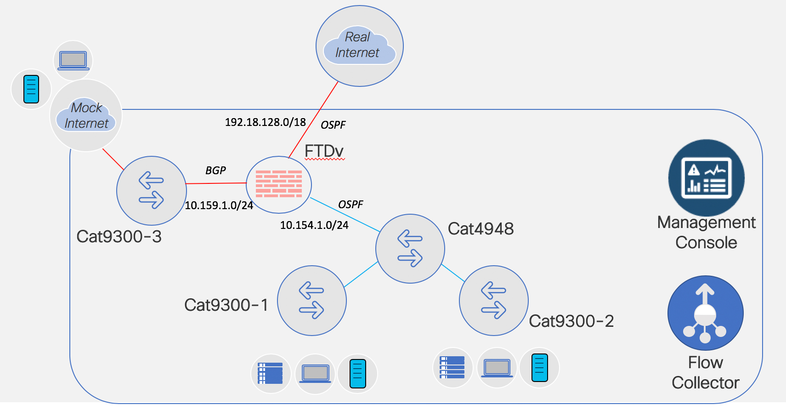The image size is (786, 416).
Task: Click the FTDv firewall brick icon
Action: tap(279, 184)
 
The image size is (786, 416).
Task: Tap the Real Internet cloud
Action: tap(359, 46)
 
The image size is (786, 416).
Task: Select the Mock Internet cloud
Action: tap(86, 115)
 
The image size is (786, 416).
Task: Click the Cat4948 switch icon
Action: tap(410, 249)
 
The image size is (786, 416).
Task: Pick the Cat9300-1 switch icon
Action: tap(311, 301)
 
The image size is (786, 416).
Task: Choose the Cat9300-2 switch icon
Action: tap(493, 301)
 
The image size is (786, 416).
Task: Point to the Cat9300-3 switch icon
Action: tap(151, 190)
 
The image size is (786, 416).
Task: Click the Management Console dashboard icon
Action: tap(706, 178)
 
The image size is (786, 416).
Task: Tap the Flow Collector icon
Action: tap(705, 313)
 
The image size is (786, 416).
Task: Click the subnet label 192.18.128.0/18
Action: tap(265, 122)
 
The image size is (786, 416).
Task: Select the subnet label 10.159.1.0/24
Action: tap(219, 205)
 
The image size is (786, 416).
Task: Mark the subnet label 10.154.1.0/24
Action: tap(314, 225)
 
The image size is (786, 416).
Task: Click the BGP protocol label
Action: tap(215, 171)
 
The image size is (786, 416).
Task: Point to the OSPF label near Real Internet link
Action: tap(333, 125)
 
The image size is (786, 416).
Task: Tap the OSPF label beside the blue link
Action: tap(351, 205)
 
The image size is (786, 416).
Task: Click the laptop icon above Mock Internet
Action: tap(73, 60)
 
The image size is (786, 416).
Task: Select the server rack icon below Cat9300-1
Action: tap(271, 373)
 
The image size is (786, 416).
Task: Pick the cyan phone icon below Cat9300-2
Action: tap(539, 367)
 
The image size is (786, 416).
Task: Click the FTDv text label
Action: tap(324, 151)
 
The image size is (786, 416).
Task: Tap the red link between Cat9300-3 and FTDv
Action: tap(216, 183)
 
